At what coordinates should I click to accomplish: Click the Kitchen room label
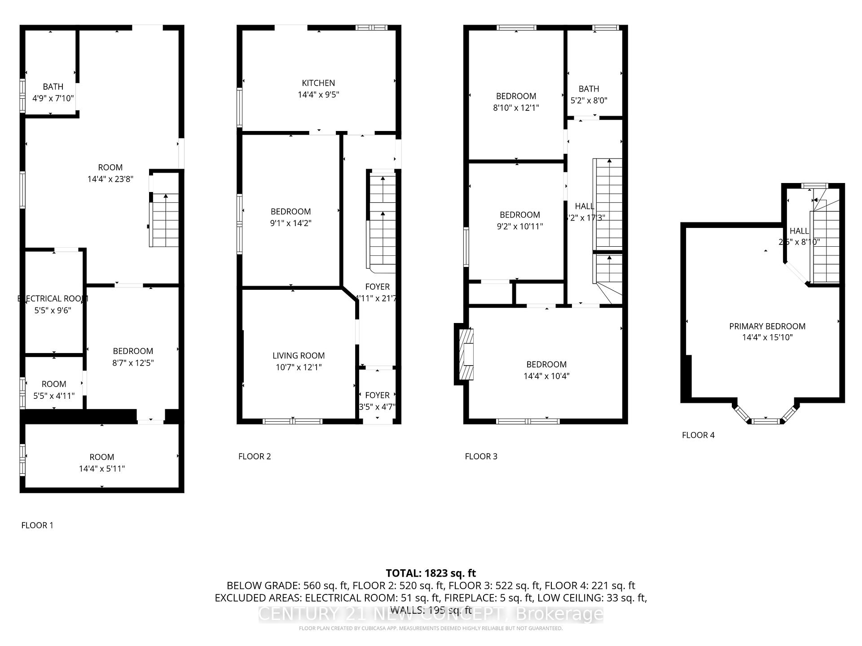click(x=318, y=83)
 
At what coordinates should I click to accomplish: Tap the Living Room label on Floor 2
click(x=299, y=356)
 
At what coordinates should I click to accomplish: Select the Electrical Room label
click(x=53, y=299)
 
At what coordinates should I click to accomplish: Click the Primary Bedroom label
click(x=767, y=326)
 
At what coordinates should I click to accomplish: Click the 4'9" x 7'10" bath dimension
click(x=53, y=98)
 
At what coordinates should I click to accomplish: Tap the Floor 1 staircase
click(x=165, y=220)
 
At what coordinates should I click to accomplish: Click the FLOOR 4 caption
click(x=698, y=435)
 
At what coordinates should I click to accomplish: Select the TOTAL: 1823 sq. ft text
click(x=431, y=573)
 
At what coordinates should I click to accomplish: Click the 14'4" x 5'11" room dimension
click(x=102, y=469)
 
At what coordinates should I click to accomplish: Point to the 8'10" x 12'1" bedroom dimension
click(x=516, y=108)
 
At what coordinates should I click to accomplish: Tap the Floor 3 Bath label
click(x=589, y=89)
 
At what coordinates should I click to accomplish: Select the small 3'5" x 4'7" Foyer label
click(x=377, y=395)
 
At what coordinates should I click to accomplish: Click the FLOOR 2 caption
click(x=255, y=456)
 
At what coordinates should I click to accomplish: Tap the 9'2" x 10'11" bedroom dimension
click(x=519, y=227)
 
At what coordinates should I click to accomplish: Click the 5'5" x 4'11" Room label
click(x=54, y=384)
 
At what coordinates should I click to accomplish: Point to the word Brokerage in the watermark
click(x=559, y=614)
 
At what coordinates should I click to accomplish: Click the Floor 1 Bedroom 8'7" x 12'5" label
click(x=133, y=351)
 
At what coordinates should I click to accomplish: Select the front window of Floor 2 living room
click(x=292, y=421)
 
